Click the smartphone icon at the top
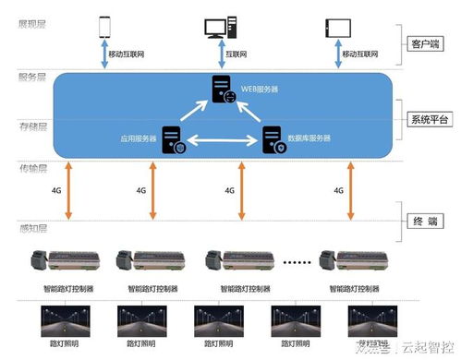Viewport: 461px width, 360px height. point(105,27)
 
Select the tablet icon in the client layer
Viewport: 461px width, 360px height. point(335,27)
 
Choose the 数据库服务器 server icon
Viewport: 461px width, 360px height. point(273,139)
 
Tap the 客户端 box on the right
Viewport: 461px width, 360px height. point(429,43)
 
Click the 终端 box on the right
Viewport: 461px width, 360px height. point(429,222)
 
